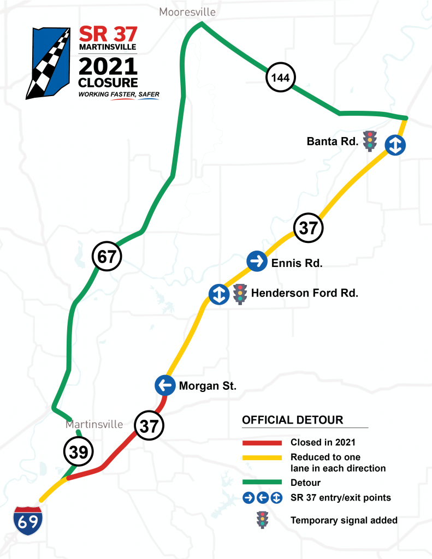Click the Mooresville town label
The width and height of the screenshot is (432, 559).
pyautogui.click(x=187, y=11)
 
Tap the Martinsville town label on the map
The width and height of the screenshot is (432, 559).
pyautogui.click(x=94, y=424)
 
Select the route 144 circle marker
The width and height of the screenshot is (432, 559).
pyautogui.click(x=280, y=78)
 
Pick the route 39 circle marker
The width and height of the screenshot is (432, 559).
pyautogui.click(x=79, y=451)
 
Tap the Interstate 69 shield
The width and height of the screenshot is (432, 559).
pyautogui.click(x=28, y=520)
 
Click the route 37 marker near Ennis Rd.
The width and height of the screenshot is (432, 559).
pyautogui.click(x=309, y=228)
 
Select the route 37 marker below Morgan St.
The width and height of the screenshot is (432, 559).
pyautogui.click(x=149, y=425)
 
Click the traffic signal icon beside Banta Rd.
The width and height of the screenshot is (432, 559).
pyautogui.click(x=371, y=141)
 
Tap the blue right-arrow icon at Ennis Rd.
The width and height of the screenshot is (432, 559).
pyautogui.click(x=256, y=261)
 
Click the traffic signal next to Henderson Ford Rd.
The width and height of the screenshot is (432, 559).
pyautogui.click(x=239, y=294)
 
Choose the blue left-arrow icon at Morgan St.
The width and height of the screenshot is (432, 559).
pyautogui.click(x=164, y=385)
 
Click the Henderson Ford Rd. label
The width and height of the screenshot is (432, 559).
pyautogui.click(x=304, y=293)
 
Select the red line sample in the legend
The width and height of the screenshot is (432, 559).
pyautogui.click(x=262, y=443)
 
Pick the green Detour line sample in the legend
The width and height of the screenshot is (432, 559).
pyautogui.click(x=262, y=483)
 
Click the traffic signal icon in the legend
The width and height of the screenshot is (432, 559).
pyautogui.click(x=263, y=519)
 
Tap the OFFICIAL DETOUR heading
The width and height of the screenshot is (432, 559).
pyautogui.click(x=293, y=420)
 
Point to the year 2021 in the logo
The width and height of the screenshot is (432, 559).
pyautogui.click(x=108, y=67)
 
